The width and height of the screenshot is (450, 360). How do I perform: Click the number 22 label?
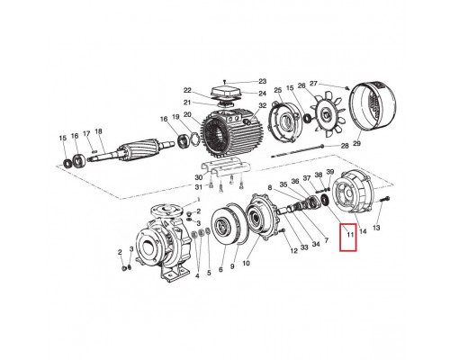[x=188, y=91]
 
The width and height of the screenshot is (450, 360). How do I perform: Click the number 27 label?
[x=314, y=84]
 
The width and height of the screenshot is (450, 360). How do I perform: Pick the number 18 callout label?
[x=100, y=131]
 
